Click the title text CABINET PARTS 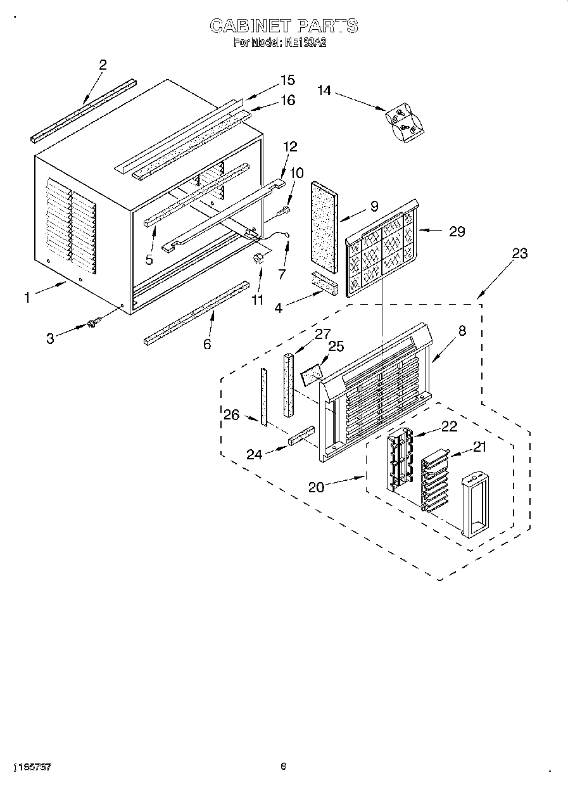[x=283, y=25]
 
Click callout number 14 [x=324, y=91]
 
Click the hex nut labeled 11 [x=258, y=258]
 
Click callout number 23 [x=519, y=253]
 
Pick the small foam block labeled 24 [x=301, y=437]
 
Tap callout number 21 [x=479, y=447]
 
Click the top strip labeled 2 [x=84, y=110]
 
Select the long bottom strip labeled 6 [x=196, y=313]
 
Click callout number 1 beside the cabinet [x=27, y=297]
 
